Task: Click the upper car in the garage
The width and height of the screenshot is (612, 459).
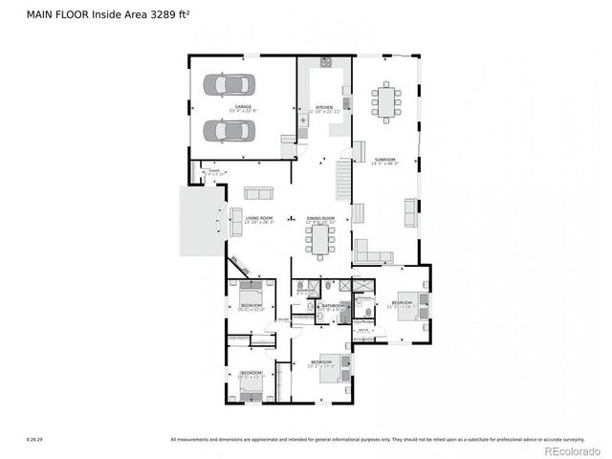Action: point(229,84)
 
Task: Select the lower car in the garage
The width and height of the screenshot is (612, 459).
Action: point(229,128)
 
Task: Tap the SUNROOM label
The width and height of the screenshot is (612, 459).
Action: point(384,160)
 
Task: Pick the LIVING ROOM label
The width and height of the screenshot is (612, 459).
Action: point(259,218)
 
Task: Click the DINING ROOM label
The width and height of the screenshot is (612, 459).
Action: point(320,218)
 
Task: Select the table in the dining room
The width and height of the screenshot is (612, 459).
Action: point(317,240)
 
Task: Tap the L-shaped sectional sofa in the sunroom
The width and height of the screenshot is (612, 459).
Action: point(373,253)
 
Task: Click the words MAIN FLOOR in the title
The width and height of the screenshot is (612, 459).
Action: point(56,12)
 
